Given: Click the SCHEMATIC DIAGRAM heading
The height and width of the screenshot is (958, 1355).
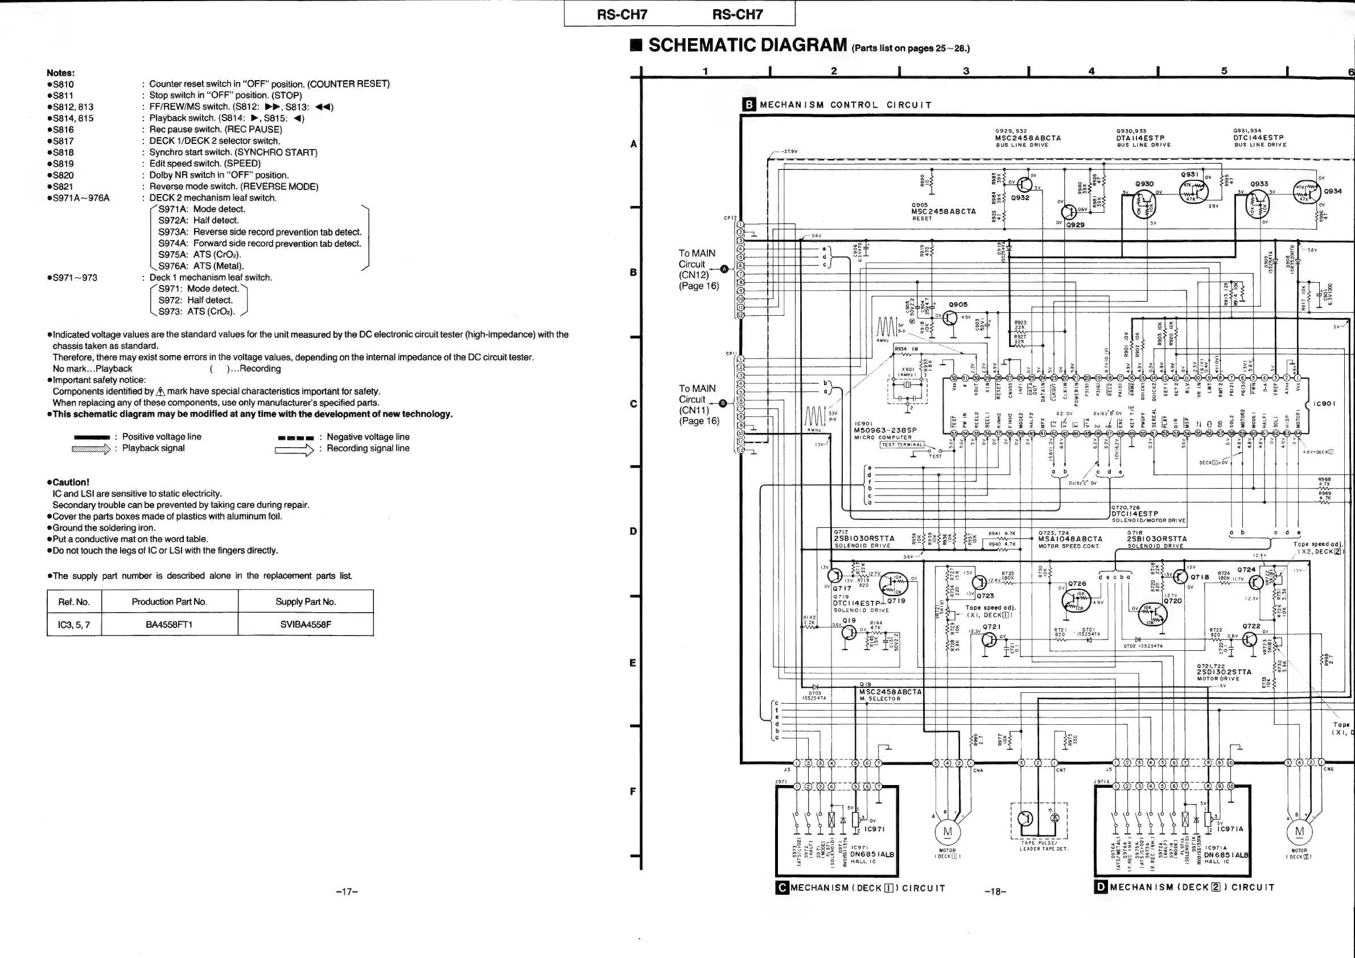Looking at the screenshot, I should [x=748, y=45].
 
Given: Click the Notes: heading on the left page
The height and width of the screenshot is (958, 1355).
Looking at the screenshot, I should [x=61, y=73].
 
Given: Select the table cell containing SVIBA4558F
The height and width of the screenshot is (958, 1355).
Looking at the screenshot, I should [x=305, y=624].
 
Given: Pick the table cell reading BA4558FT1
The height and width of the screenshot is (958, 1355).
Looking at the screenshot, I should [x=170, y=624].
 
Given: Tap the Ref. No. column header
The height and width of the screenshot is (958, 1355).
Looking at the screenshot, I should [x=74, y=602].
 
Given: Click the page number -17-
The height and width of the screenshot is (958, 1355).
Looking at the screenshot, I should [x=347, y=891].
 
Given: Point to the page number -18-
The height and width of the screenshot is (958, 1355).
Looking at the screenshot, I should [x=995, y=891].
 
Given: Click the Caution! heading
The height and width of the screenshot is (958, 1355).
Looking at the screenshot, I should [x=71, y=482].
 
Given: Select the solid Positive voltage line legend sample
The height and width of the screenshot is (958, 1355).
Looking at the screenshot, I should [x=92, y=437].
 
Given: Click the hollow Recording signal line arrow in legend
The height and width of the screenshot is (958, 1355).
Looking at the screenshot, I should [x=294, y=449].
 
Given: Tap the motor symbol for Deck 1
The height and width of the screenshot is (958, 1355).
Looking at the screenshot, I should [x=947, y=832].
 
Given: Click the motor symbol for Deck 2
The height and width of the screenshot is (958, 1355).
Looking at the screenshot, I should [x=1299, y=832].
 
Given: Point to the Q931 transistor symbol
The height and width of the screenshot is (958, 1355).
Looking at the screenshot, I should [x=1193, y=191].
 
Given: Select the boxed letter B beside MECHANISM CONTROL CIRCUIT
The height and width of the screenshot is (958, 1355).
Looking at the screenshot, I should [x=748, y=105].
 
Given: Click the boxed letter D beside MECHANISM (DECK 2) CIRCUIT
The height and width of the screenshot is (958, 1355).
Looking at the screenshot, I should [x=1101, y=887].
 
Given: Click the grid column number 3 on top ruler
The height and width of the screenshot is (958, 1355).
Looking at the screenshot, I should [x=966, y=71].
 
